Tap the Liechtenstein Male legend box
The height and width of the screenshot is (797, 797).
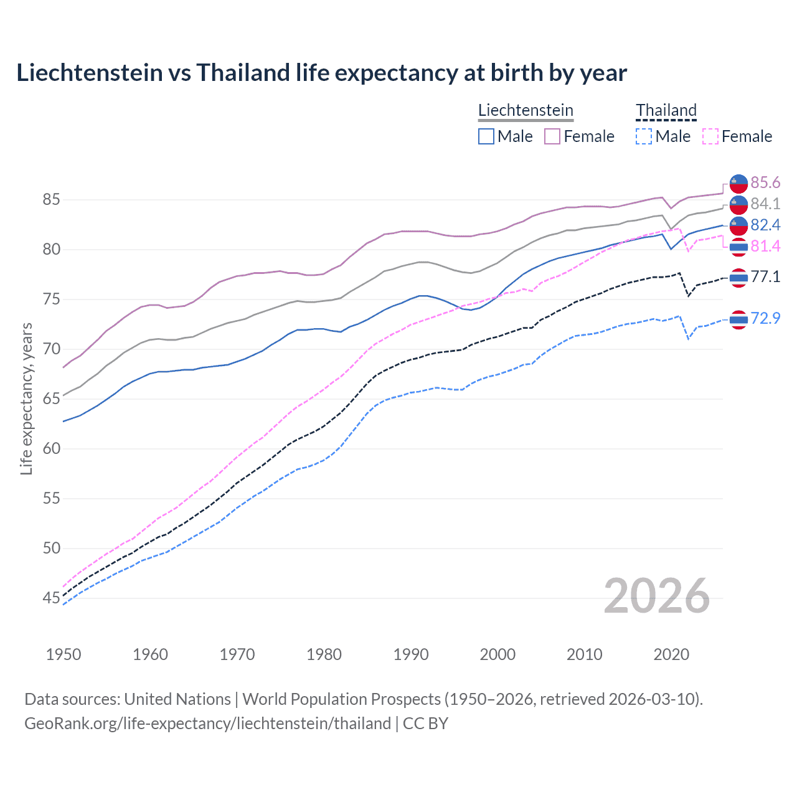(486, 136)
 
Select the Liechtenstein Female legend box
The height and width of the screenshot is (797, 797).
(552, 136)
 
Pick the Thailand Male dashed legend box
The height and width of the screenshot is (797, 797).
(644, 136)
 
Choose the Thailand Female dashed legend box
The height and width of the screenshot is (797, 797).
(710, 136)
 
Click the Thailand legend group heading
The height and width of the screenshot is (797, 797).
(666, 110)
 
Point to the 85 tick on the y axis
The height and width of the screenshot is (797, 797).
(51, 200)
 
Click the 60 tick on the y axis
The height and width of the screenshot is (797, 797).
(51, 449)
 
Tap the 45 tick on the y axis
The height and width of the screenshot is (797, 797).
(51, 598)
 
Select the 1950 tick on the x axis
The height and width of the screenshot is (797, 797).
(64, 654)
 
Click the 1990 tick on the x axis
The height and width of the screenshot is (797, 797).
(411, 654)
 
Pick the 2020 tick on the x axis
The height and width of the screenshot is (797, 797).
(671, 654)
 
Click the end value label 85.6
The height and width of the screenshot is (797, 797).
(765, 182)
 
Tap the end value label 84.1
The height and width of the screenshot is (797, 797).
(765, 204)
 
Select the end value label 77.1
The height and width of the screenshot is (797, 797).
(765, 276)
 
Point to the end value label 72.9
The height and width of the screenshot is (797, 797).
(765, 318)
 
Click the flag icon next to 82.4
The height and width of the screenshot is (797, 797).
(738, 225)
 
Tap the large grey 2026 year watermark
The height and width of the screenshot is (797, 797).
(657, 596)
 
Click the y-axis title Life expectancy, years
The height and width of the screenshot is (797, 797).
(27, 398)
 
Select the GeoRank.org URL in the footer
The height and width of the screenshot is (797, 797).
(207, 724)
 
